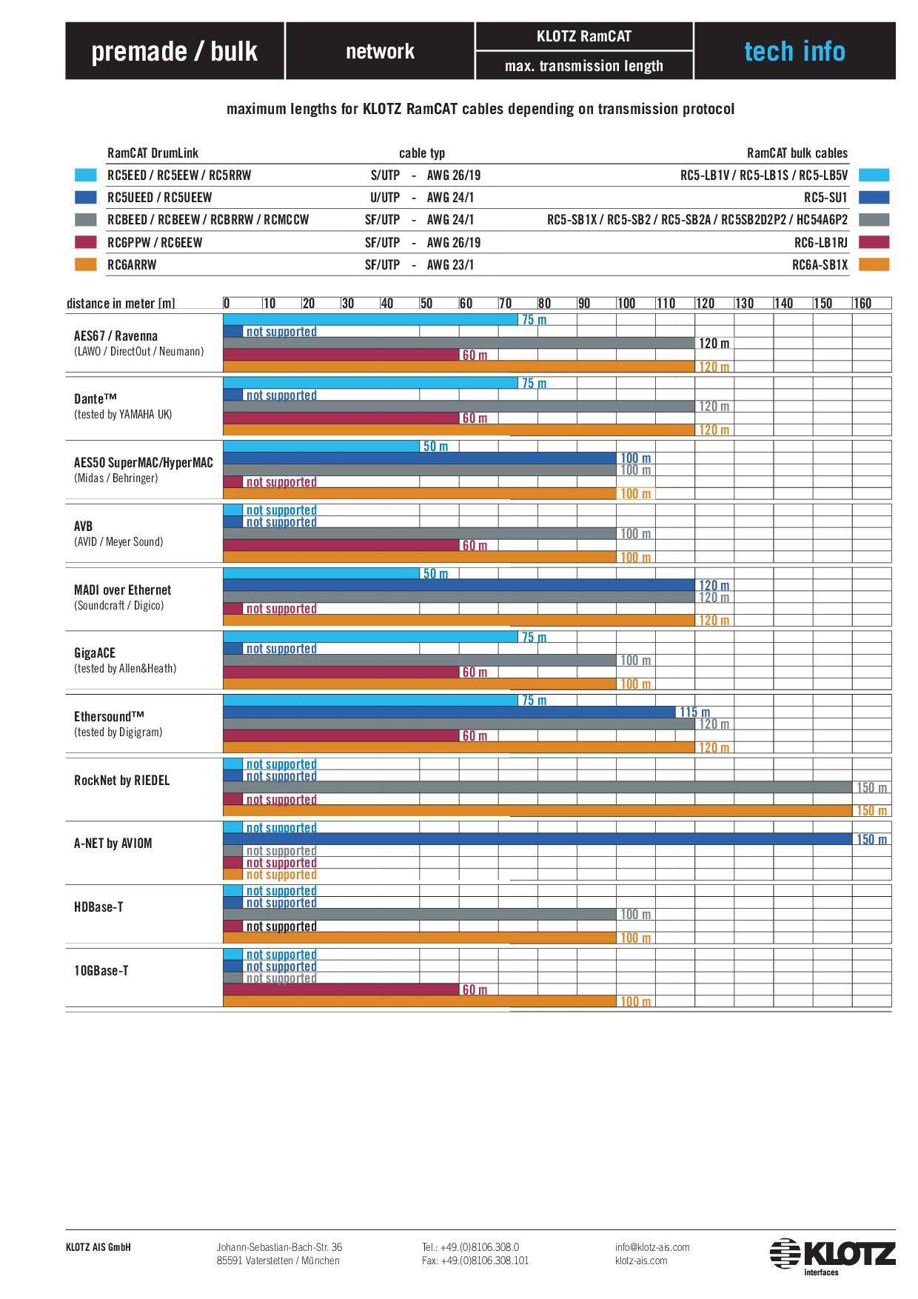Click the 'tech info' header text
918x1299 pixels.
point(794,51)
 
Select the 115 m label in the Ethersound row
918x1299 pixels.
point(694,712)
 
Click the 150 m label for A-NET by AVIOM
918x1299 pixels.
point(871,839)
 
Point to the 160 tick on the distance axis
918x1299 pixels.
point(862,303)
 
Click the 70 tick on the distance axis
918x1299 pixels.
point(505,303)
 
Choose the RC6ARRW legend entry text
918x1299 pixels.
point(132,264)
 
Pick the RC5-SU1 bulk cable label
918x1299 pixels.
point(825,198)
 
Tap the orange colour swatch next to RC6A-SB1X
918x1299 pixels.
point(874,264)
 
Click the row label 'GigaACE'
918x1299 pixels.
point(95,652)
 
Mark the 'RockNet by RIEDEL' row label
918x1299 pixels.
point(121,780)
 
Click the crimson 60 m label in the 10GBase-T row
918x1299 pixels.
point(475,990)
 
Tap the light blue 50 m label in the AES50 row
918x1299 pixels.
point(435,447)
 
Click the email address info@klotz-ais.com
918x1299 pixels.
point(651,1247)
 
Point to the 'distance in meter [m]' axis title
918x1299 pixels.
point(121,303)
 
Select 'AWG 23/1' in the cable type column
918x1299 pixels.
point(450,264)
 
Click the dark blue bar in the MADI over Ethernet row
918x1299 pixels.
point(459,585)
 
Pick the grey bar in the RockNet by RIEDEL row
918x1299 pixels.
point(537,787)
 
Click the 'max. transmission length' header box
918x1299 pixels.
point(583,66)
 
